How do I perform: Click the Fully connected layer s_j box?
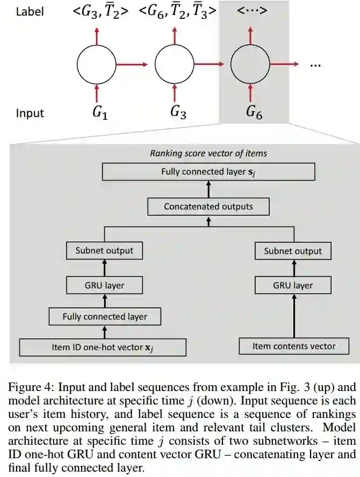point(208,172)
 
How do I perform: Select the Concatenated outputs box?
point(208,206)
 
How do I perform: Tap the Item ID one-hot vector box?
point(103,347)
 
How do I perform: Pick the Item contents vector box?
point(294,346)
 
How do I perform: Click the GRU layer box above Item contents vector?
point(293,285)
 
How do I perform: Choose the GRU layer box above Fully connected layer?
point(105,284)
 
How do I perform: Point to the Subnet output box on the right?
point(293,251)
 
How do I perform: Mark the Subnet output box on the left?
point(105,250)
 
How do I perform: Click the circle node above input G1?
point(97,65)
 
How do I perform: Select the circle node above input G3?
point(174,65)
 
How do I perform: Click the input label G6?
point(254,112)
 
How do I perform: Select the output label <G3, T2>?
point(100,12)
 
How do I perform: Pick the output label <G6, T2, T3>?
point(179,12)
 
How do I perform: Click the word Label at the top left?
point(30,11)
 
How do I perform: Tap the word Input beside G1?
point(30,113)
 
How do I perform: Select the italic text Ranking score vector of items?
point(208,153)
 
